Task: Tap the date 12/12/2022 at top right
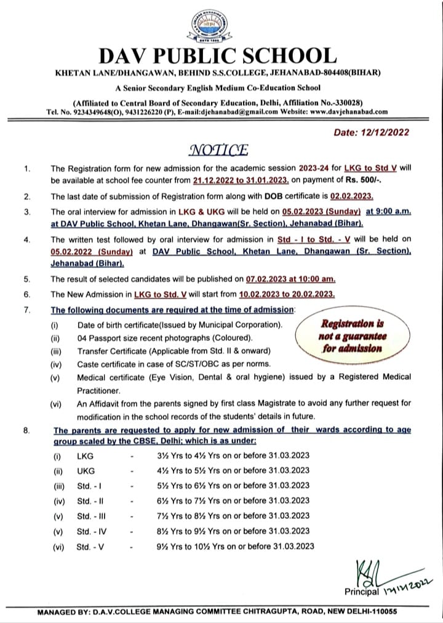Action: click(370, 132)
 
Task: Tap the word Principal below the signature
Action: click(362, 592)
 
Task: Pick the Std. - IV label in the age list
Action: click(90, 531)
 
